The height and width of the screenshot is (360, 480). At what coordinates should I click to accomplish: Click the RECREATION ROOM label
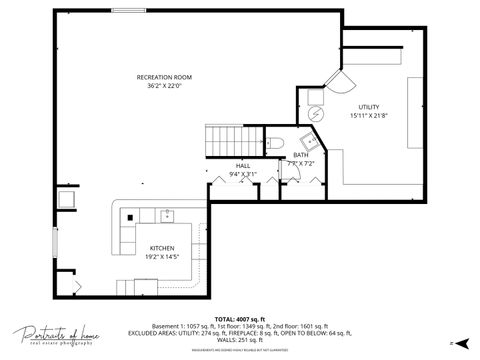point(164,77)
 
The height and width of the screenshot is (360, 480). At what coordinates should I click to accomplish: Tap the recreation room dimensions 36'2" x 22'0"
point(164,86)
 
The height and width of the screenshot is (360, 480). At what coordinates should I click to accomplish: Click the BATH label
point(301,155)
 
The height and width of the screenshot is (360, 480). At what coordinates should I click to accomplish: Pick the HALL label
point(243,165)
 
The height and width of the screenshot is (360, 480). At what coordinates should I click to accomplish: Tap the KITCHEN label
point(163,248)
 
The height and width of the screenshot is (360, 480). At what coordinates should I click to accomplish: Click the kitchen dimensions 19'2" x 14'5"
point(163,257)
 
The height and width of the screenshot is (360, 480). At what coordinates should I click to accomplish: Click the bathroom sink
point(300,141)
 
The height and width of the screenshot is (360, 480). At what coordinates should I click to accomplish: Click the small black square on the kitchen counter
point(128,217)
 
